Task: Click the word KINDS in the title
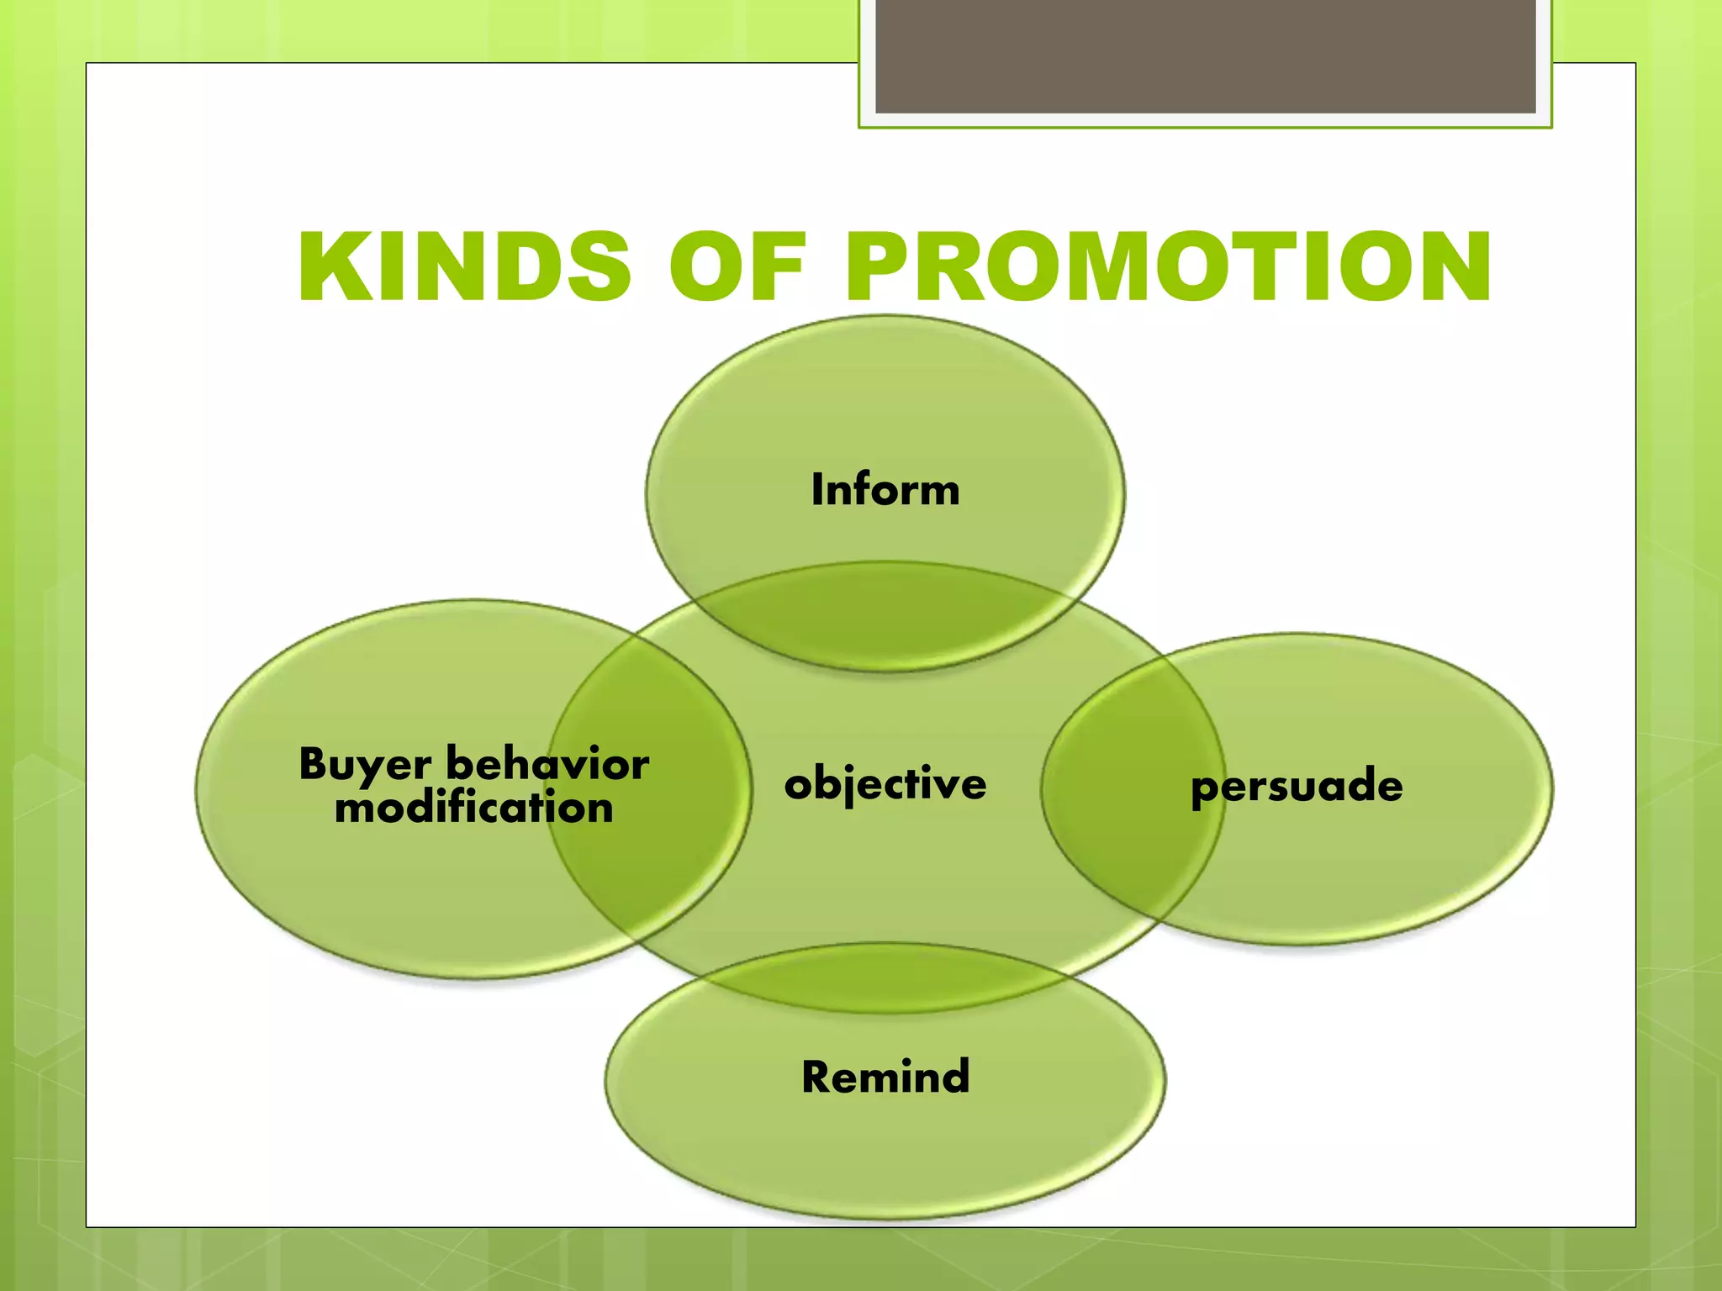[x=464, y=267]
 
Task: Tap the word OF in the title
[x=737, y=267]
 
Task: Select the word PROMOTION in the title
[x=1169, y=267]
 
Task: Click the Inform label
[x=885, y=489]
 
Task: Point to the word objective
[x=885, y=784]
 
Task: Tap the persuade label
[x=1297, y=787]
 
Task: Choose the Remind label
[x=885, y=1077]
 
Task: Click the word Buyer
[x=365, y=765]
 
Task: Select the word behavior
[x=547, y=763]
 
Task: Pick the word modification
[x=473, y=808]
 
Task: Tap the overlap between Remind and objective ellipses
[x=885, y=978]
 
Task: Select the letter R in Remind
[x=817, y=1077]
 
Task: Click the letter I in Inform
[x=816, y=489]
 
